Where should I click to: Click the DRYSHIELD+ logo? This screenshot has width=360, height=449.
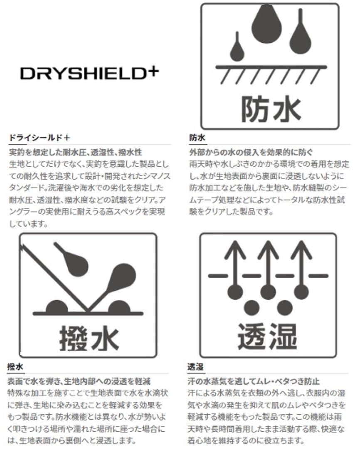point(89,73)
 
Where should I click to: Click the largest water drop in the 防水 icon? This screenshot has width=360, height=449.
point(266,25)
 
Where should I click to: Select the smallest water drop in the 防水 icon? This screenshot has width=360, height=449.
point(237,49)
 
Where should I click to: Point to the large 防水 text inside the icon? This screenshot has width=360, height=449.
point(271,109)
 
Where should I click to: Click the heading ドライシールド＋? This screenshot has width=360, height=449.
point(39,138)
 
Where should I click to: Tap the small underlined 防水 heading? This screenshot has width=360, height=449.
point(197,138)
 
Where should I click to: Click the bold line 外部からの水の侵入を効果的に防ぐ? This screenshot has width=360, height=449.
point(251,152)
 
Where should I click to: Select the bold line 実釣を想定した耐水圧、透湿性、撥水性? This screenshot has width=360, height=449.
point(76,152)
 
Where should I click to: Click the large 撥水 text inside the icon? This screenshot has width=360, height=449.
point(89,338)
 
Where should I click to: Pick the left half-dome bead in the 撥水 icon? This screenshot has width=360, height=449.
point(57,306)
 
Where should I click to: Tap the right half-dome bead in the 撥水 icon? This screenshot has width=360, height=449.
point(119,306)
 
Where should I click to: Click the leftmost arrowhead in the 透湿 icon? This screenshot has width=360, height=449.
point(235,249)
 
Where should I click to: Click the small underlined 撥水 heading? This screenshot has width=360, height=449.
point(15,367)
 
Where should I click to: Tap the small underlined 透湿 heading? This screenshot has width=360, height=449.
point(196,367)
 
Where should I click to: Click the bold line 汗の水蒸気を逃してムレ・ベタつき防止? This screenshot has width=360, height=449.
point(254,381)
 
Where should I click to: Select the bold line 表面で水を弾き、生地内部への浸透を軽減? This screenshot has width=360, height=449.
point(79,381)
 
